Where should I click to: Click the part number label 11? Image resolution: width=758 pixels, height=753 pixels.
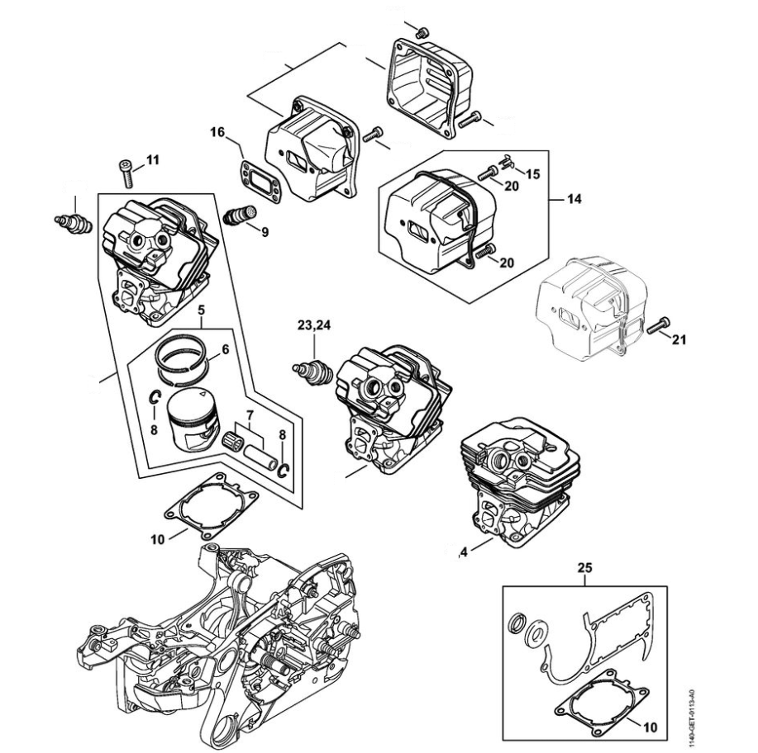tap(153, 159)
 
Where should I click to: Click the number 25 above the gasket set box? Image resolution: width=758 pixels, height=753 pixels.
tap(585, 569)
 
